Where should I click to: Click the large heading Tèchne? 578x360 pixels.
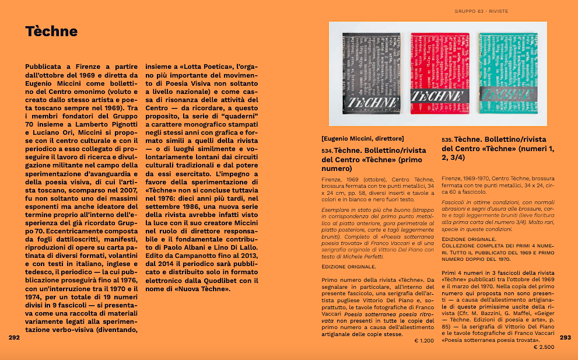click(51, 32)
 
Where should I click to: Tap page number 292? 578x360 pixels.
click(15, 337)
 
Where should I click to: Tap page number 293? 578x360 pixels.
click(565, 337)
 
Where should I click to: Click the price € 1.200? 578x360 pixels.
click(425, 340)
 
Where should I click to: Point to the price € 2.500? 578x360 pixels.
click(544, 347)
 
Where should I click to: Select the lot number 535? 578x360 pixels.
click(447, 141)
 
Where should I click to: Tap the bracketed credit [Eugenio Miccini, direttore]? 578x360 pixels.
click(362, 138)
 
